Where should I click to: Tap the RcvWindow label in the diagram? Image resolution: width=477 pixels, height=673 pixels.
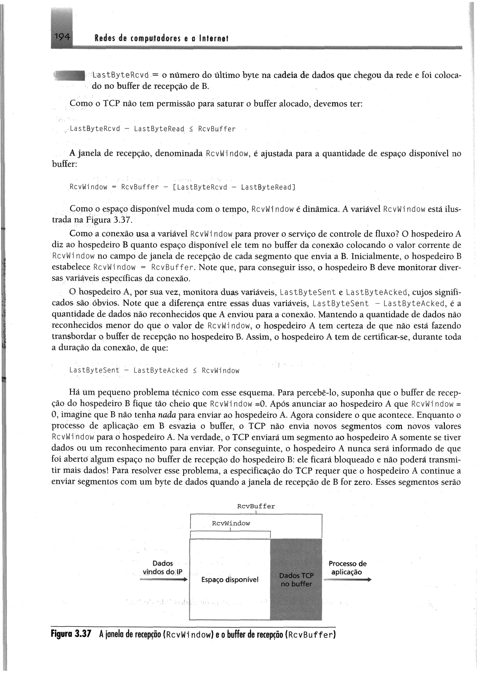[231, 523]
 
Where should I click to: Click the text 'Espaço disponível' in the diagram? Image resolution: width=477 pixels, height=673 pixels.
[230, 579]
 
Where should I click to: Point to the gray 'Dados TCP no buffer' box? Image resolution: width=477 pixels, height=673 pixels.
[296, 579]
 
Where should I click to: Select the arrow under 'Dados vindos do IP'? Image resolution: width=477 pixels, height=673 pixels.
[164, 579]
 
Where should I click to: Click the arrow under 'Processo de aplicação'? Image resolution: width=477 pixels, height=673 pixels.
[347, 579]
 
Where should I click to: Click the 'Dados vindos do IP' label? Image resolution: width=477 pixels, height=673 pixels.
[162, 567]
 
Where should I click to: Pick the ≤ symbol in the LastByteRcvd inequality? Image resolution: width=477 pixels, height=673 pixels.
[191, 129]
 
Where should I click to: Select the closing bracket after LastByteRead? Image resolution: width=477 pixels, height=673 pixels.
[294, 187]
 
